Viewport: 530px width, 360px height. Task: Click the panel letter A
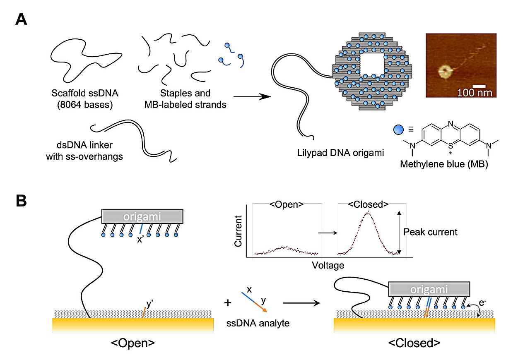(21, 19)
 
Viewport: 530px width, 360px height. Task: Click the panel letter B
(21, 201)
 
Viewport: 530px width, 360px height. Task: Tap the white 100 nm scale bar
(479, 86)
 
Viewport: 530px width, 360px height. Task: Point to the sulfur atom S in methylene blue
(450, 146)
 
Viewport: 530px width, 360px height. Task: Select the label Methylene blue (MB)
(444, 164)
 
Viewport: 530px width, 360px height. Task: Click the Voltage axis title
(328, 265)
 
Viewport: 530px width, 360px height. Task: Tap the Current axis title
(238, 231)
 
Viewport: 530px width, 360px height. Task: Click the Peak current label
(430, 232)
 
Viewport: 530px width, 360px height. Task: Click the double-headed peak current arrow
(399, 233)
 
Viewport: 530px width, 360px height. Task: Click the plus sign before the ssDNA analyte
(228, 303)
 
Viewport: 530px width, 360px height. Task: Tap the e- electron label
(482, 302)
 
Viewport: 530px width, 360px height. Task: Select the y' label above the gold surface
(149, 303)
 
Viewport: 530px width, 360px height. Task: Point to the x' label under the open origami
(140, 239)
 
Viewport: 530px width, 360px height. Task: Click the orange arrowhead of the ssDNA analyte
(265, 310)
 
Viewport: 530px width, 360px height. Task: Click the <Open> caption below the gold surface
(133, 343)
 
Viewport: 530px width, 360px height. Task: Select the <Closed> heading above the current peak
(368, 204)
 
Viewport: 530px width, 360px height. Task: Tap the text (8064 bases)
(85, 105)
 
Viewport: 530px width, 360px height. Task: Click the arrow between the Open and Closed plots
(328, 233)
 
